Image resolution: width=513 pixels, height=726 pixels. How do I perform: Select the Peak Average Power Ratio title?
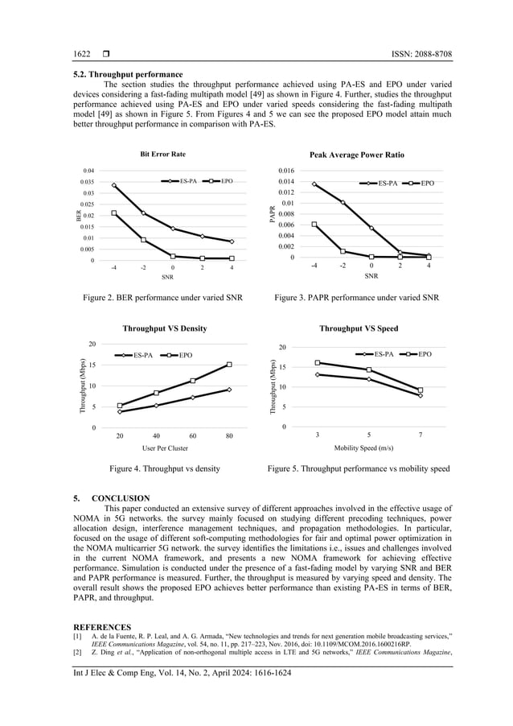357,155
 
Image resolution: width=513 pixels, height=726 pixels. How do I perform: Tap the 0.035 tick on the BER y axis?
89,183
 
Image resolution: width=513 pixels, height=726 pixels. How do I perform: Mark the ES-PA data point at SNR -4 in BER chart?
114,185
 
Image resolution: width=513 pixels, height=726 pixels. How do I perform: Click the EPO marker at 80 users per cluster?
229,365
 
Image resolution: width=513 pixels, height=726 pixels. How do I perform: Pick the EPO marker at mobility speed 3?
318,363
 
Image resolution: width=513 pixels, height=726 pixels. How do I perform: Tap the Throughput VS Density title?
164,328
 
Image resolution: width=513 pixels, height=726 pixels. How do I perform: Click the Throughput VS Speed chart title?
359,328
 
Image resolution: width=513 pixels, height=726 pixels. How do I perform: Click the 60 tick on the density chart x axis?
193,435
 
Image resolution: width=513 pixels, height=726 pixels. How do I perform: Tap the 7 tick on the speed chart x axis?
421,435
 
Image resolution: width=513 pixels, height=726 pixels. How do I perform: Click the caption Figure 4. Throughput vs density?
165,468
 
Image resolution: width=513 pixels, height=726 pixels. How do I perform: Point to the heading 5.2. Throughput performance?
127,74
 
